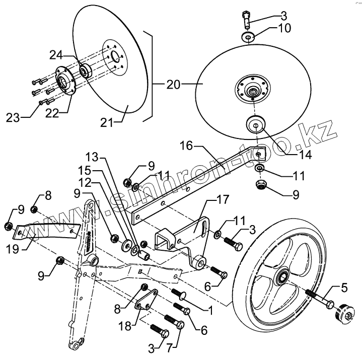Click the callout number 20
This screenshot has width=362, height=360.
pyautogui.click(x=173, y=85)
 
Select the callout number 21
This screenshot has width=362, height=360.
pyautogui.click(x=107, y=122)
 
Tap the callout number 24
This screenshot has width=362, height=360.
pyautogui.click(x=56, y=55)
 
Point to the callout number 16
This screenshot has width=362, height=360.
pyautogui.click(x=186, y=146)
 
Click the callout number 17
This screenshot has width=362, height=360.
pyautogui.click(x=223, y=199)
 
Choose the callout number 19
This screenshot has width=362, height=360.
pyautogui.click(x=13, y=249)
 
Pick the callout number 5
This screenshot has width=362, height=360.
pyautogui.click(x=344, y=288)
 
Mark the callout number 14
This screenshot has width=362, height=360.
pyautogui.click(x=306, y=155)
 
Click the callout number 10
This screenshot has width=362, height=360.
pyautogui.click(x=284, y=28)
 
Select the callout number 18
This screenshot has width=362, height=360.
pyautogui.click(x=125, y=326)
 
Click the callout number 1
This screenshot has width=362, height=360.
pyautogui.click(x=210, y=311)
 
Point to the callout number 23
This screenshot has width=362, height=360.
pyautogui.click(x=13, y=118)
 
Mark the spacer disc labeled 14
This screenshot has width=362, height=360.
pyautogui.click(x=256, y=125)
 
